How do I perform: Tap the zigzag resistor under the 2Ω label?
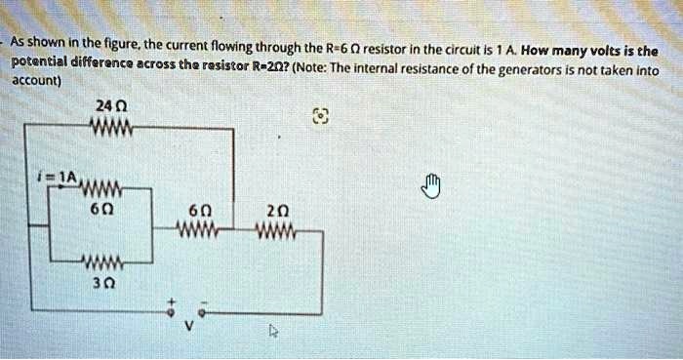275,232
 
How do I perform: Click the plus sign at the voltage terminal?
168,300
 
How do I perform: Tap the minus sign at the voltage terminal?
202,300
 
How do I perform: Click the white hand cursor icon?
433,183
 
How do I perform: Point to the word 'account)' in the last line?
36,83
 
